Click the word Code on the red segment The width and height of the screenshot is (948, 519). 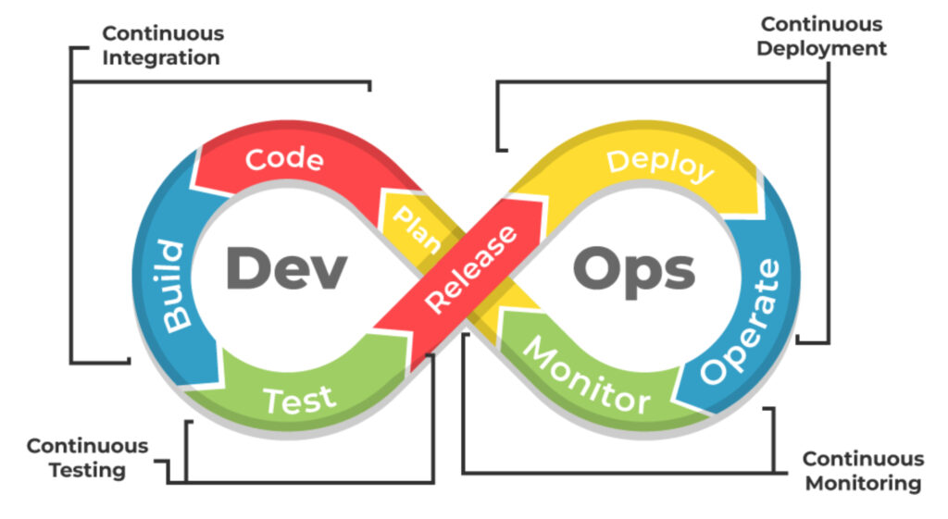tap(284, 159)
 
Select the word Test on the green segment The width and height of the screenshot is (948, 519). tap(298, 401)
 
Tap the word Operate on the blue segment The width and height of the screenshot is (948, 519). tap(740, 321)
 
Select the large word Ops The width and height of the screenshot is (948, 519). tap(633, 270)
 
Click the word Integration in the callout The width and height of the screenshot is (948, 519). tap(161, 57)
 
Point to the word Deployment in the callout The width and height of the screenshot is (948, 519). tap(821, 48)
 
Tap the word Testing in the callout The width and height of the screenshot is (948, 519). tap(87, 470)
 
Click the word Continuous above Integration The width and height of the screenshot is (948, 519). tap(163, 33)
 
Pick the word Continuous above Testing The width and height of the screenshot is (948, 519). tap(87, 446)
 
